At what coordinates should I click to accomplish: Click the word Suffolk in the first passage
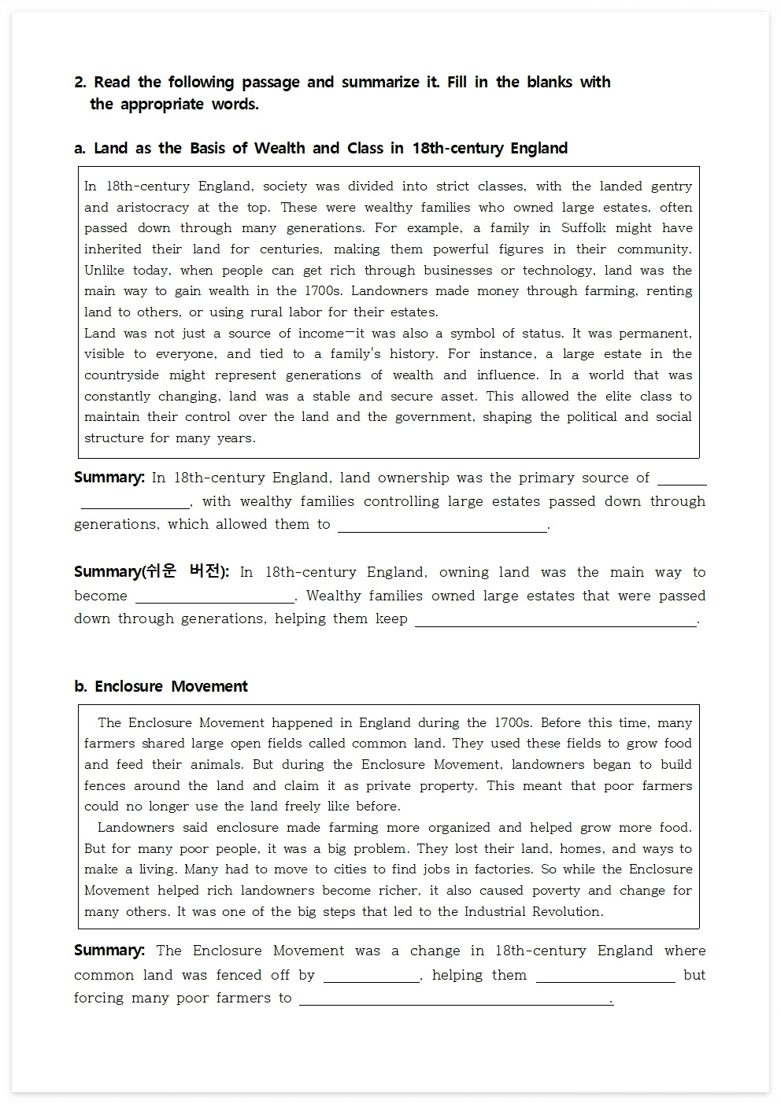[x=583, y=228]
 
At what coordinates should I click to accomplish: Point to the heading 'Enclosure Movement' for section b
[x=171, y=687]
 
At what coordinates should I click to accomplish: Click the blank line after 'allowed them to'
[x=442, y=526]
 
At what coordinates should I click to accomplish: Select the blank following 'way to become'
[x=214, y=597]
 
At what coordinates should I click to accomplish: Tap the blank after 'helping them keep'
[x=555, y=620]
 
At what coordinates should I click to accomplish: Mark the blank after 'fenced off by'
[x=372, y=977]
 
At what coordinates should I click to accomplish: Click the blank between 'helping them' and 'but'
[x=605, y=977]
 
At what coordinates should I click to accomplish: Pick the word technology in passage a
[x=558, y=271]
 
